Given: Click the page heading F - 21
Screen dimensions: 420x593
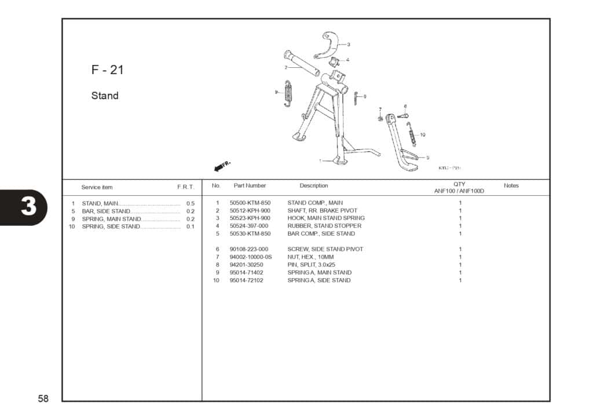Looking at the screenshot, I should click(x=107, y=70).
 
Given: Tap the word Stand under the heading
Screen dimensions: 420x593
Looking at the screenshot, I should click(x=105, y=96).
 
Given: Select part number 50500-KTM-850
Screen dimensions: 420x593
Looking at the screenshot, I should click(x=250, y=203).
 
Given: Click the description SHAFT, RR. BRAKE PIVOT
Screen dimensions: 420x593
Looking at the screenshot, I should click(x=323, y=210).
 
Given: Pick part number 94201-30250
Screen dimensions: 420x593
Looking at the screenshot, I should click(x=246, y=265).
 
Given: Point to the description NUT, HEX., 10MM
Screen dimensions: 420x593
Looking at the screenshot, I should click(x=310, y=257).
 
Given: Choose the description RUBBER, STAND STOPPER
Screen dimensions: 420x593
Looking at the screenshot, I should click(x=324, y=226).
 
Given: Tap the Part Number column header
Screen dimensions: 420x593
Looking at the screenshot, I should click(x=250, y=186).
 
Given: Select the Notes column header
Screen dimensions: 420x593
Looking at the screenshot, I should click(x=511, y=186).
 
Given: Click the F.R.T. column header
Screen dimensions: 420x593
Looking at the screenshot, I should click(x=185, y=187).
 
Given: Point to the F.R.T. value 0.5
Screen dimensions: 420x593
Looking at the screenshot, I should click(x=191, y=204).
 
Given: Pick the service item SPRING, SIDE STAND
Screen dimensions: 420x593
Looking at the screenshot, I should click(x=111, y=227).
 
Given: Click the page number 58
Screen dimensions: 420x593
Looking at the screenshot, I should click(x=43, y=399).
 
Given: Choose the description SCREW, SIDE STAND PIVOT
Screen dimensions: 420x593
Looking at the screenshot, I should click(x=325, y=249).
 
